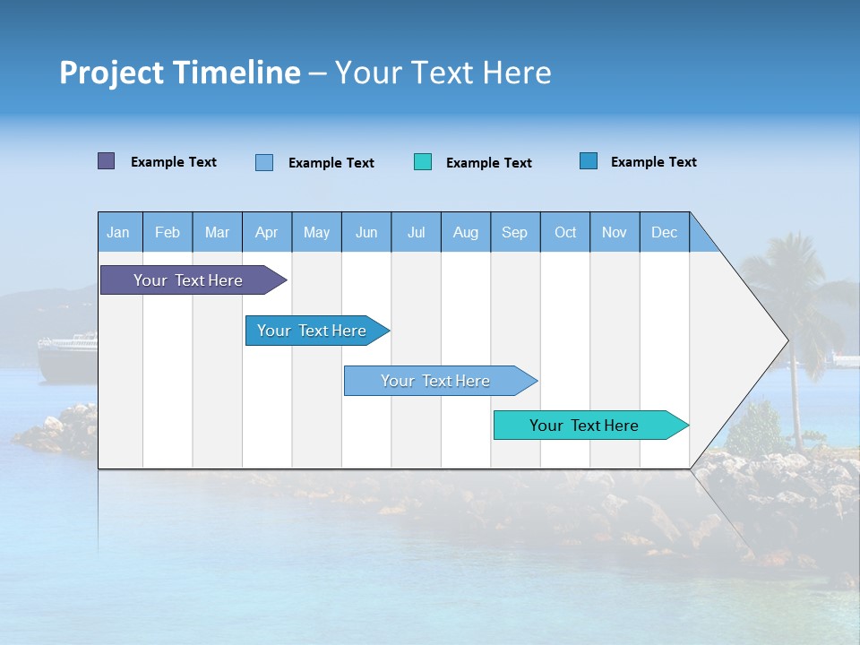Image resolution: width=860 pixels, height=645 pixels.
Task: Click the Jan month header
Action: pos(119,232)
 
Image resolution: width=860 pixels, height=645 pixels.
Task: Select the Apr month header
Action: pos(267,232)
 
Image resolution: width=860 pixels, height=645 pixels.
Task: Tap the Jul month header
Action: pos(416,232)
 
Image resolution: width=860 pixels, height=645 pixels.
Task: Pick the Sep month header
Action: pos(514,232)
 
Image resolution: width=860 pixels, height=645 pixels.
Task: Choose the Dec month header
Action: pos(664,232)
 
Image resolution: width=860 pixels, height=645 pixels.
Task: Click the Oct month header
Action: pos(565,232)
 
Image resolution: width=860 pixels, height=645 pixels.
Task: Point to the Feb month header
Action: pos(168,232)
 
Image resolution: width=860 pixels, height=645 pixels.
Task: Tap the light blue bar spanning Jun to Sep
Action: pos(437,381)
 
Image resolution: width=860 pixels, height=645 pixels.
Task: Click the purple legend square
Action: pos(107,161)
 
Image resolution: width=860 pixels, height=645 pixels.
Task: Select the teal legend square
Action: pos(423,162)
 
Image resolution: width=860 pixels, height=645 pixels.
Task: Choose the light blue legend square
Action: pos(264,162)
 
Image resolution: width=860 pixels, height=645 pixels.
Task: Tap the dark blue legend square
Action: pos(589,161)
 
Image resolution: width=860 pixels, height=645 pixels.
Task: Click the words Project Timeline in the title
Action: pos(179,73)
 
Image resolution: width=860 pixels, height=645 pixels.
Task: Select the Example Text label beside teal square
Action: pos(489,163)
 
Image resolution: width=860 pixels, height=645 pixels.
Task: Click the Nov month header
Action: pos(615,232)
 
